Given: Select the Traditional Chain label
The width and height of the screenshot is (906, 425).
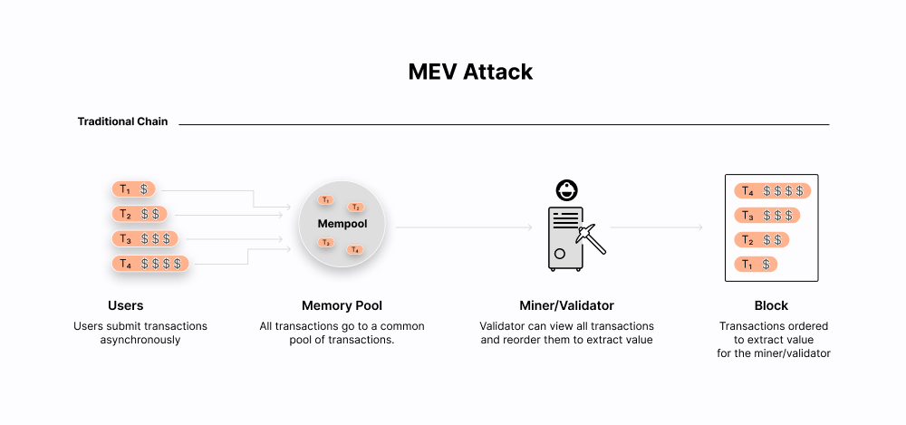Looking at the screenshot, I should click(x=122, y=121).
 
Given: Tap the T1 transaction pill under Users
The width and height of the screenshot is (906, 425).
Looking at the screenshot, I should click(x=133, y=189).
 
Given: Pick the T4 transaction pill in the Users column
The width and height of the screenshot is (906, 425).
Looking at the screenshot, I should click(x=150, y=264).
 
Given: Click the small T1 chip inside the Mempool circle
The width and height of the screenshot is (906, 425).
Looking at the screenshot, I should click(x=326, y=199).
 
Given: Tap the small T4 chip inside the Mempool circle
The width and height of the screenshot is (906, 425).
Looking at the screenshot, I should click(x=356, y=249).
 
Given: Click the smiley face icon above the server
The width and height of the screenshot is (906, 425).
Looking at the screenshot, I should click(x=567, y=190).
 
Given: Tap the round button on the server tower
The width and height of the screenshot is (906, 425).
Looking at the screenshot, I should click(x=560, y=254).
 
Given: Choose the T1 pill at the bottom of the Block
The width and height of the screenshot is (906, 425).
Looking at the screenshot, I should click(x=757, y=265).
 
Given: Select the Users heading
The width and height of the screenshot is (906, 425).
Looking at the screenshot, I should click(x=125, y=306).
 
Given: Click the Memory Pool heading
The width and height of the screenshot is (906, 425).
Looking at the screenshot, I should click(x=342, y=306).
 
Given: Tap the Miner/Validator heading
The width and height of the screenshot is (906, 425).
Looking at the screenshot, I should click(x=566, y=306).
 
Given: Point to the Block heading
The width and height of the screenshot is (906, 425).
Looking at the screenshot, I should click(x=772, y=306).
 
